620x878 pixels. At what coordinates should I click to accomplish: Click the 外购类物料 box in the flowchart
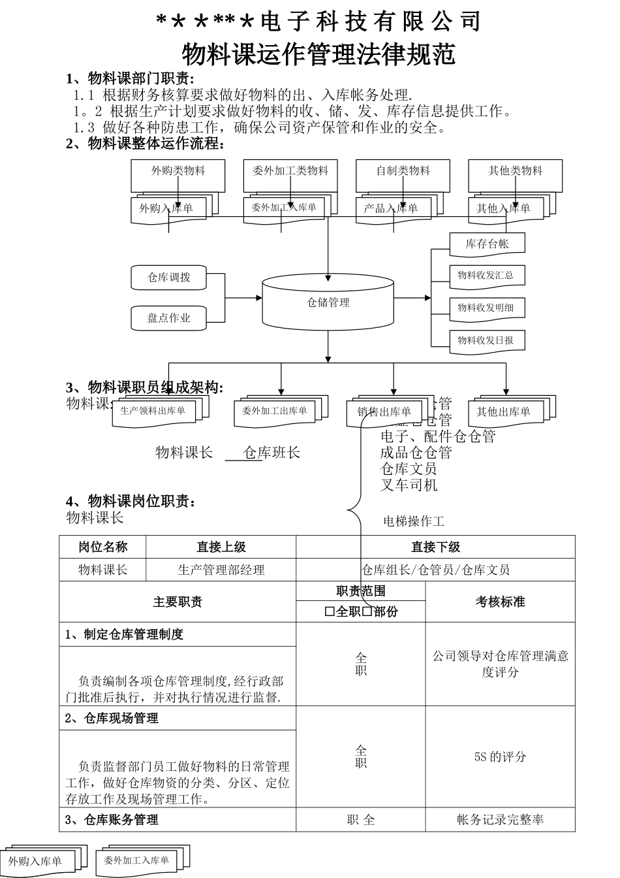tap(178, 171)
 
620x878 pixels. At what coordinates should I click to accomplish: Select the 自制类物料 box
tap(403, 171)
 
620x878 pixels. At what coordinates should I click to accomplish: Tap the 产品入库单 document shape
tap(390, 209)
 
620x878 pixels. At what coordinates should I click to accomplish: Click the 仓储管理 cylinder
tap(328, 302)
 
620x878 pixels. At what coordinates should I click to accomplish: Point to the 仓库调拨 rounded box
tap(169, 277)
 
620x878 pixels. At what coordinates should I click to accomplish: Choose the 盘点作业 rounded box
tap(169, 318)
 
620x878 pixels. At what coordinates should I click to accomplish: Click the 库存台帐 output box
tap(487, 244)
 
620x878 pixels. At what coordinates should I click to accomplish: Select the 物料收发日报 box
tap(486, 340)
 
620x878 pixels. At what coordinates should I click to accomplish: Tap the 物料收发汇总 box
tap(486, 276)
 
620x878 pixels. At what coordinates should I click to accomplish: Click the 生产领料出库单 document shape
tap(153, 411)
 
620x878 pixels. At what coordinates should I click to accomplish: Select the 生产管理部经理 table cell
tap(221, 570)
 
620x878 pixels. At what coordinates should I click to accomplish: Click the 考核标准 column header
tap(500, 602)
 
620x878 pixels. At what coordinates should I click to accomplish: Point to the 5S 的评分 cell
tap(500, 756)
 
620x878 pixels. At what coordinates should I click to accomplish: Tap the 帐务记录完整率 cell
tap(500, 820)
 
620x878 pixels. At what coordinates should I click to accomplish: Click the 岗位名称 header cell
tap(102, 547)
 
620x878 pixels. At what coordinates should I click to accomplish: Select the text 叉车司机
tap(409, 485)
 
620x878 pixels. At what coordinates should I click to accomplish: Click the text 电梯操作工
tap(414, 521)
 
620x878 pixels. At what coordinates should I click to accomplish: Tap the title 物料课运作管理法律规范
tap(318, 55)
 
